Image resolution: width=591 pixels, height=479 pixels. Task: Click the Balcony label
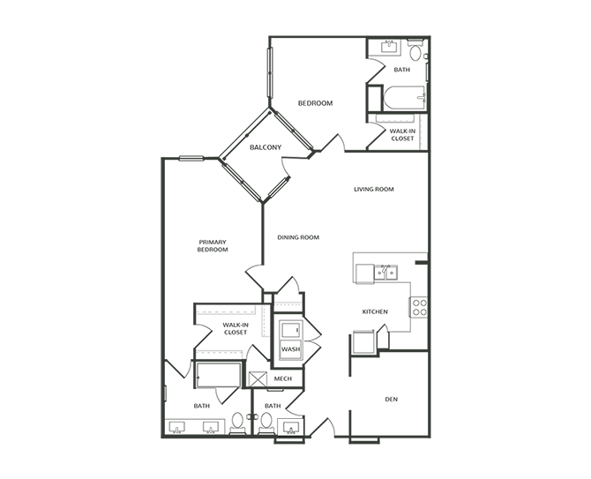[x=265, y=147]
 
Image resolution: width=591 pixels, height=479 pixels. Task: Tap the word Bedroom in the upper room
[x=314, y=104]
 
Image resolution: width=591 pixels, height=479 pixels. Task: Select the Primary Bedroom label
[x=213, y=245]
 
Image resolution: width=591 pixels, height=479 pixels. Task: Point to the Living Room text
[x=373, y=190]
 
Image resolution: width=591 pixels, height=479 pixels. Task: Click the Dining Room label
[x=297, y=237]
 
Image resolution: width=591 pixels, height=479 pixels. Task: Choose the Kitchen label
[x=375, y=311]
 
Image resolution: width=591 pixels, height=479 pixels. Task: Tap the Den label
[x=390, y=400]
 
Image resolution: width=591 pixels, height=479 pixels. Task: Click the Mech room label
[x=283, y=378]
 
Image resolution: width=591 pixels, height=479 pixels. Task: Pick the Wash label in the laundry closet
[x=290, y=349]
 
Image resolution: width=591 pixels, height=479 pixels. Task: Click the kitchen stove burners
[x=419, y=307]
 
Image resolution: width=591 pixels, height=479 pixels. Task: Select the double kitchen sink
[x=385, y=273]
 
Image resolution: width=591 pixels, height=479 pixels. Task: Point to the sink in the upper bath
[x=389, y=46]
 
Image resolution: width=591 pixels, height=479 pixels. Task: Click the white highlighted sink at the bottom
[x=290, y=428]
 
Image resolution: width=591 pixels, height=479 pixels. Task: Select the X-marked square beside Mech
[x=257, y=380]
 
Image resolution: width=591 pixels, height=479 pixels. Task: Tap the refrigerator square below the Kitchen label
[x=363, y=342]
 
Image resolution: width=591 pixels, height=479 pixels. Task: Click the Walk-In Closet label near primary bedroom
[x=236, y=328]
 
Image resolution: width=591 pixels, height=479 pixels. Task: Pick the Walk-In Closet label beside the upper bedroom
[x=402, y=135]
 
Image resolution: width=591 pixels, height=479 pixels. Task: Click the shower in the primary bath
[x=218, y=373]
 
